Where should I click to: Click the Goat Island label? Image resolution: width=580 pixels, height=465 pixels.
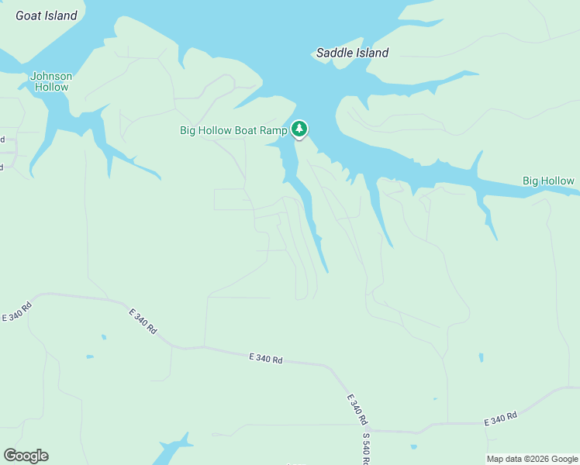[47, 15]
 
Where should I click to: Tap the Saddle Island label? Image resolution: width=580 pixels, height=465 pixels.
[352, 53]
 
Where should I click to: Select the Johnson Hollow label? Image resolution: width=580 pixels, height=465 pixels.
[51, 81]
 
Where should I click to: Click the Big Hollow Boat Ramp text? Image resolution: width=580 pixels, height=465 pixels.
[233, 130]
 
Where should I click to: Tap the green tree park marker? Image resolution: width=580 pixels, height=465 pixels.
[299, 129]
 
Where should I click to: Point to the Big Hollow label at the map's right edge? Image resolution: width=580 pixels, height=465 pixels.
[548, 181]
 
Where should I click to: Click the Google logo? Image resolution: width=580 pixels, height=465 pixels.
[26, 456]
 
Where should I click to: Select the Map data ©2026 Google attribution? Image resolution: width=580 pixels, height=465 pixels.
[532, 459]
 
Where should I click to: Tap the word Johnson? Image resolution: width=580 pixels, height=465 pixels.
[51, 76]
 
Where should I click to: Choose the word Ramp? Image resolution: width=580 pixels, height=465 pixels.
[274, 130]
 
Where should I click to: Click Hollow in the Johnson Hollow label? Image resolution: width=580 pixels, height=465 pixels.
[51, 87]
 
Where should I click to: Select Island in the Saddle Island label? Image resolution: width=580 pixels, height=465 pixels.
[371, 53]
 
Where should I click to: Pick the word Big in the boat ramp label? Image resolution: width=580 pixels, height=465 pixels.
[188, 130]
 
